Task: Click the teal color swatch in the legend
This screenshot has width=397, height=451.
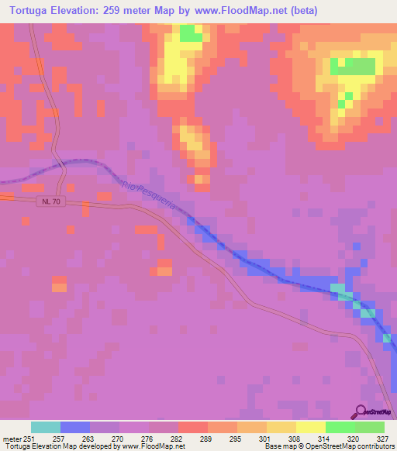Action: tap(46, 427)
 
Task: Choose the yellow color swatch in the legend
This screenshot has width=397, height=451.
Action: tap(310, 427)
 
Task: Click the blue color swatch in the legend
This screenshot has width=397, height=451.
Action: tap(75, 427)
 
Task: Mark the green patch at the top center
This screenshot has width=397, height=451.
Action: tap(189, 33)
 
